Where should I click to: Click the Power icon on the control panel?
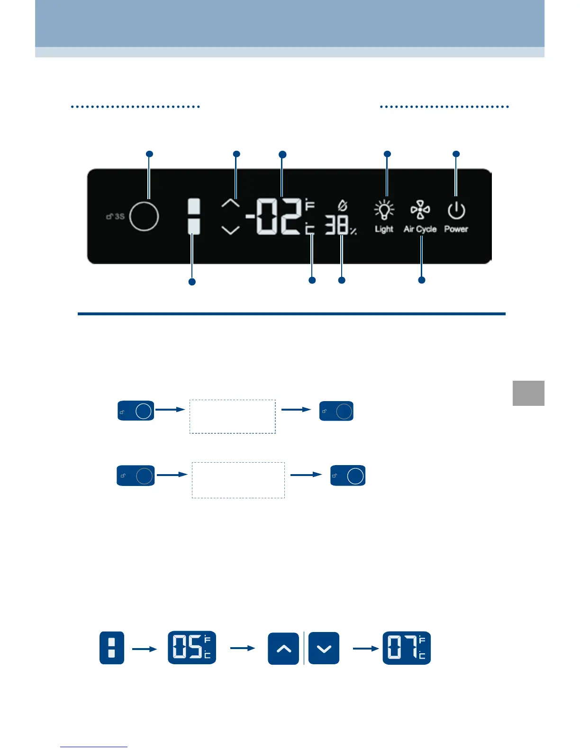(x=456, y=211)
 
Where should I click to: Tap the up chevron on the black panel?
(x=231, y=204)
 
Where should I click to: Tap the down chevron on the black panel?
(x=231, y=230)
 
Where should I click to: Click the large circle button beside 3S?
(x=144, y=216)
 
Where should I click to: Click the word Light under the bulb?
(x=384, y=229)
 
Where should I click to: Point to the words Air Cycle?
(x=420, y=229)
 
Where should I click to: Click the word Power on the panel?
(x=456, y=229)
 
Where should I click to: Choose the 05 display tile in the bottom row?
(x=192, y=648)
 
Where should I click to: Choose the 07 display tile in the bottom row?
(x=407, y=648)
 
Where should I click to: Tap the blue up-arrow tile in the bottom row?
(x=283, y=648)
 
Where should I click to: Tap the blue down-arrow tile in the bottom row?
(x=324, y=648)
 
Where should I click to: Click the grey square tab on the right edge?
(x=528, y=393)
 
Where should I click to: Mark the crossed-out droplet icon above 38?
(x=342, y=206)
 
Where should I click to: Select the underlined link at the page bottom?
(x=94, y=746)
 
